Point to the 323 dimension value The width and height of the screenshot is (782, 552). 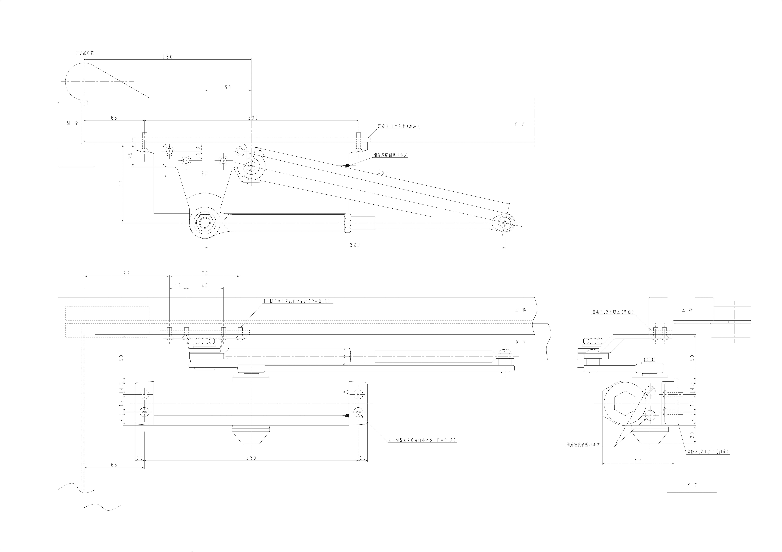355,245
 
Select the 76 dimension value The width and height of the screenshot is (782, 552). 205,273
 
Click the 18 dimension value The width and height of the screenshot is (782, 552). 178,286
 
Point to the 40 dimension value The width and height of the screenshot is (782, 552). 205,286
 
